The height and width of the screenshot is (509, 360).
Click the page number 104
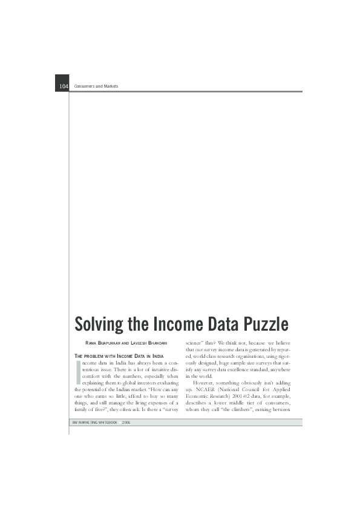point(64,86)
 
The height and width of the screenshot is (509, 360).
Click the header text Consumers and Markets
point(96,86)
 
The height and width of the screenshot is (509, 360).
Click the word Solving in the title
point(99,324)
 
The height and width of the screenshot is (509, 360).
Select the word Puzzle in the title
point(261,324)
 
